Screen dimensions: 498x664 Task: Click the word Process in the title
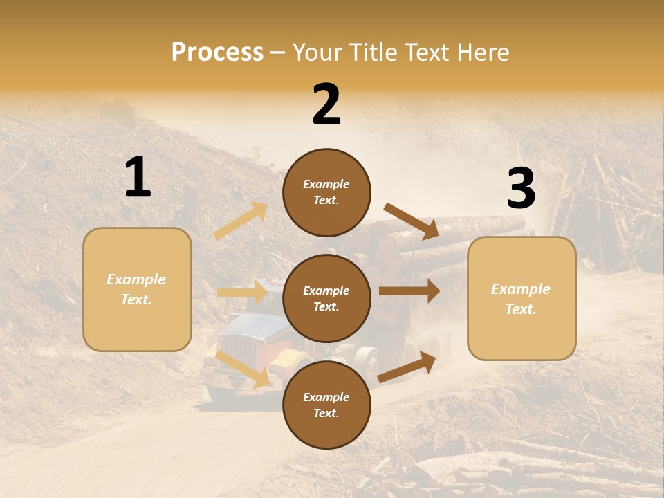[217, 52]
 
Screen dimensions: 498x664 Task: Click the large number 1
[138, 178]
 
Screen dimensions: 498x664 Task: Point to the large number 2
[326, 104]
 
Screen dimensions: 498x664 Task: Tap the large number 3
[521, 189]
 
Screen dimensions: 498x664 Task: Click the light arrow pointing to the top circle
[241, 221]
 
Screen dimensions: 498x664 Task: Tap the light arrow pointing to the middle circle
[242, 293]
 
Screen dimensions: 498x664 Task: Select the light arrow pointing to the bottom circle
[243, 369]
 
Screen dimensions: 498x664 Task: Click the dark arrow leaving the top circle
[412, 221]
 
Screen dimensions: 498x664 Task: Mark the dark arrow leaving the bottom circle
[407, 367]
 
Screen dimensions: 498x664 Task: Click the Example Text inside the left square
[137, 289]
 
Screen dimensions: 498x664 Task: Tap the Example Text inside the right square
[522, 299]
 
